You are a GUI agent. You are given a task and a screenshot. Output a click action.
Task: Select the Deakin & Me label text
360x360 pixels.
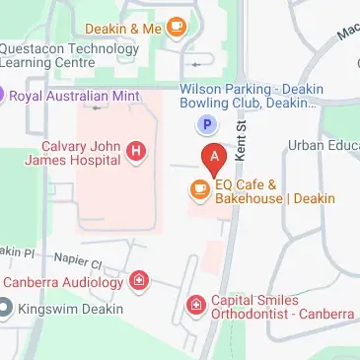pos(122,28)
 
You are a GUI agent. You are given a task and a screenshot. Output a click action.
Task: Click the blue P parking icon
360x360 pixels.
pos(207,124)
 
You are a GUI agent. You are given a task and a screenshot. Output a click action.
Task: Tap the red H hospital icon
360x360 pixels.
pos(136,151)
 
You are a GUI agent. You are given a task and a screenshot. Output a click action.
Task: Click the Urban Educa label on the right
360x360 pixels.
pos(324,145)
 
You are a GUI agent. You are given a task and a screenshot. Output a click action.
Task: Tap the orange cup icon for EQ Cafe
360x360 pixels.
pos(199,190)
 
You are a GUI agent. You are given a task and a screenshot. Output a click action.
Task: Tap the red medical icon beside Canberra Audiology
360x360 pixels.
pos(140,282)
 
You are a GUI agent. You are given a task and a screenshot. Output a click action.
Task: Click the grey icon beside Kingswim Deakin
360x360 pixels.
pos(7,309)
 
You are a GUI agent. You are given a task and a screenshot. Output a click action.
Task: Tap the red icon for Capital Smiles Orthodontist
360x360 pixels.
pos(196,305)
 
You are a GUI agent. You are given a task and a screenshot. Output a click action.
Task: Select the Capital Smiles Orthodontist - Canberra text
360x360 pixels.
pos(282,307)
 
